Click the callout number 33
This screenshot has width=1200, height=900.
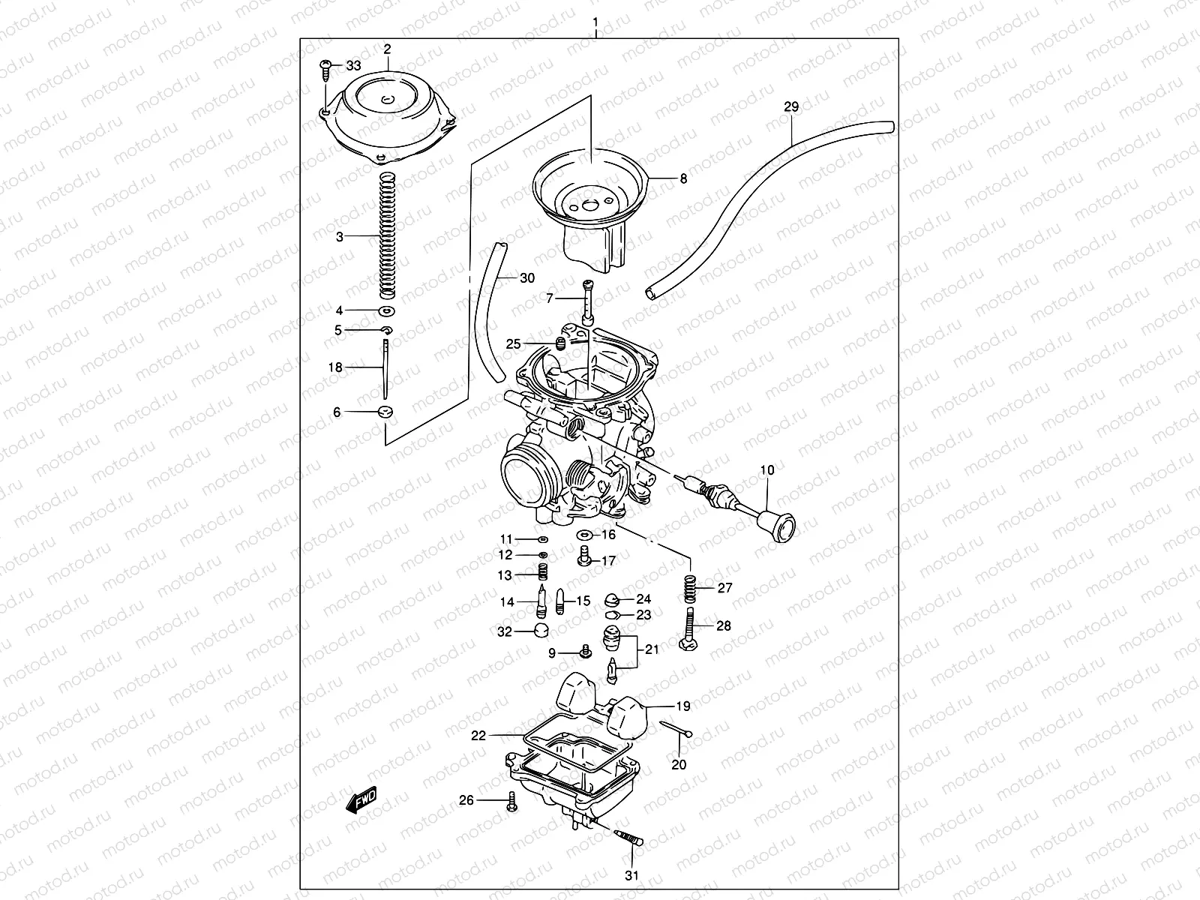click(x=352, y=66)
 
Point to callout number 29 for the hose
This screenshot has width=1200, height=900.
click(x=791, y=107)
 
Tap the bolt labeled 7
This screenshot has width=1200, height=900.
click(x=587, y=301)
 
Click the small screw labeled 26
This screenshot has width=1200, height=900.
click(x=512, y=801)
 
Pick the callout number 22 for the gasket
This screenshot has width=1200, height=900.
click(x=478, y=736)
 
